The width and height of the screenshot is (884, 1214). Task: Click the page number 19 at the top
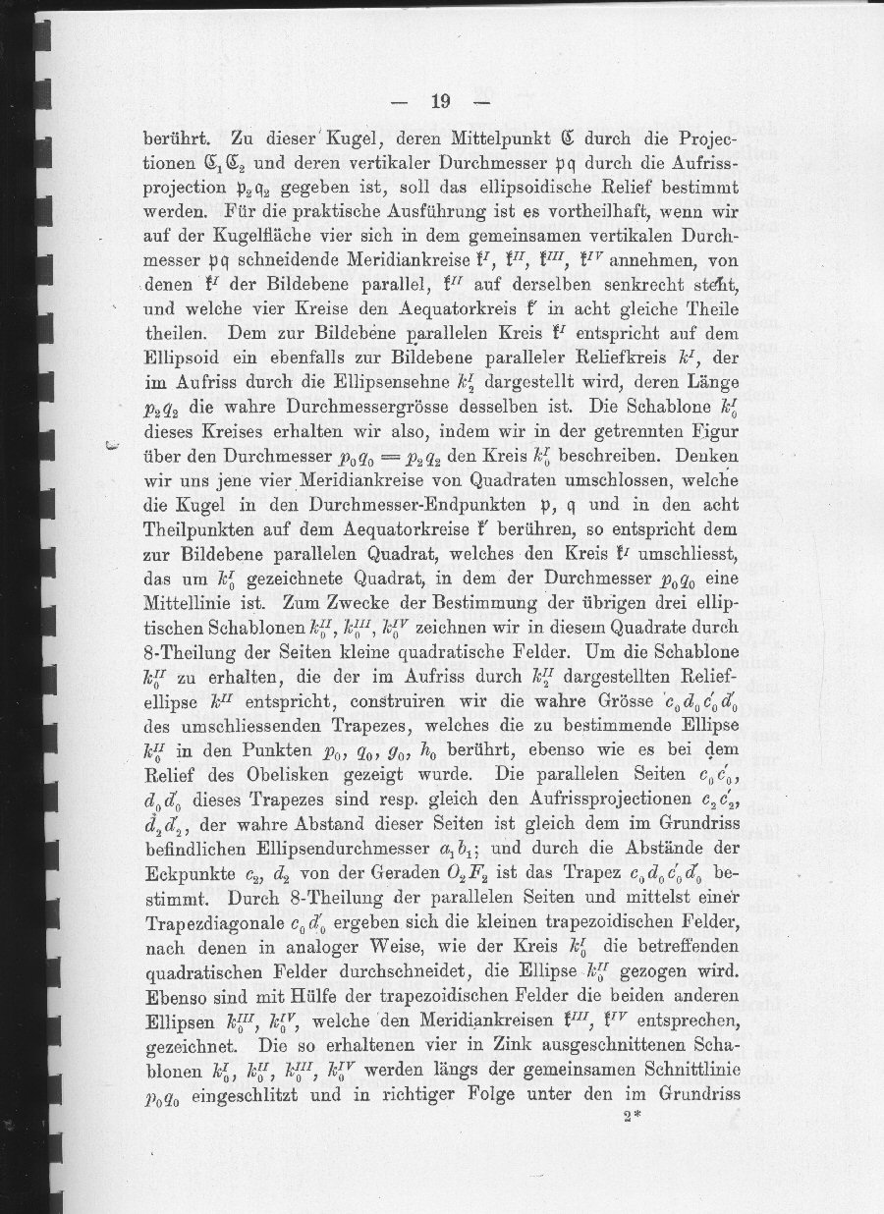click(439, 100)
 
